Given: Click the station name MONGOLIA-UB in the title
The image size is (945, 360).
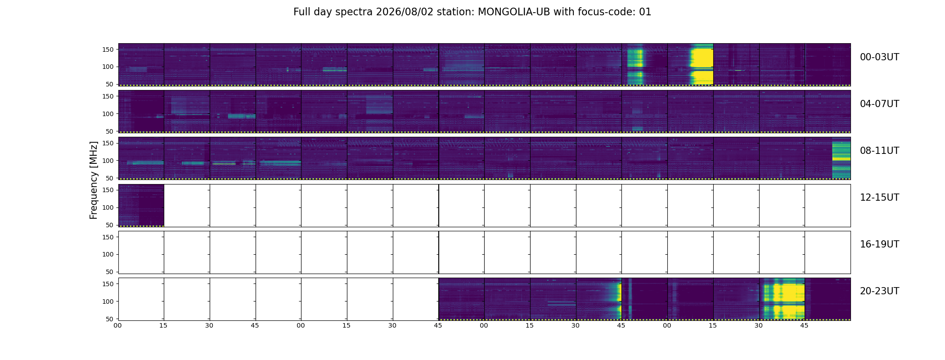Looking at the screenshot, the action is point(513,12).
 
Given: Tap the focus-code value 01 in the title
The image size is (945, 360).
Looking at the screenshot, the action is point(645,12).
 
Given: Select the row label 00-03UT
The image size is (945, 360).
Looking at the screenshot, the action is point(879,57).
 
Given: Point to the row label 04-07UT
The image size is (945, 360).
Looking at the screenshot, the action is point(879,104).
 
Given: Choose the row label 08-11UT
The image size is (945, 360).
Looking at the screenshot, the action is point(879,151).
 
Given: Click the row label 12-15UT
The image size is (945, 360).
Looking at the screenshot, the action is point(879,198).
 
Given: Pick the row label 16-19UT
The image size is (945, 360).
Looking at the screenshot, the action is point(879,244).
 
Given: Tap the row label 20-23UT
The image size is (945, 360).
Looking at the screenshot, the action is point(879,291).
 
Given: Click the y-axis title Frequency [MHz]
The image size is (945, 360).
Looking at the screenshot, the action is point(94,180).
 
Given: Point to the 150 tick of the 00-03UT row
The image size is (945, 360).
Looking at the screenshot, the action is point(108,49).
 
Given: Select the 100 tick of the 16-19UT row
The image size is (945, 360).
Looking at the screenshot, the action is point(108,254).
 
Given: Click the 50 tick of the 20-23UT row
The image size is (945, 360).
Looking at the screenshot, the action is point(110,319).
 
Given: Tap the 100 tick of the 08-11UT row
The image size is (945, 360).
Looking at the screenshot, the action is point(108,161).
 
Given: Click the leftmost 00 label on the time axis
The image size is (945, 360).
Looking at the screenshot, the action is point(117,325).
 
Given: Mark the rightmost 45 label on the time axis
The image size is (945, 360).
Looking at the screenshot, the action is point(804,325).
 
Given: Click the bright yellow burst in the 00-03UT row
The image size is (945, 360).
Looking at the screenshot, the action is point(702,64).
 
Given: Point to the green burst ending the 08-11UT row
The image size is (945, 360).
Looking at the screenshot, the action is point(841,160).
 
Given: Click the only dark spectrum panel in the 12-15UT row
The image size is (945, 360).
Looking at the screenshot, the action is point(141,205).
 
